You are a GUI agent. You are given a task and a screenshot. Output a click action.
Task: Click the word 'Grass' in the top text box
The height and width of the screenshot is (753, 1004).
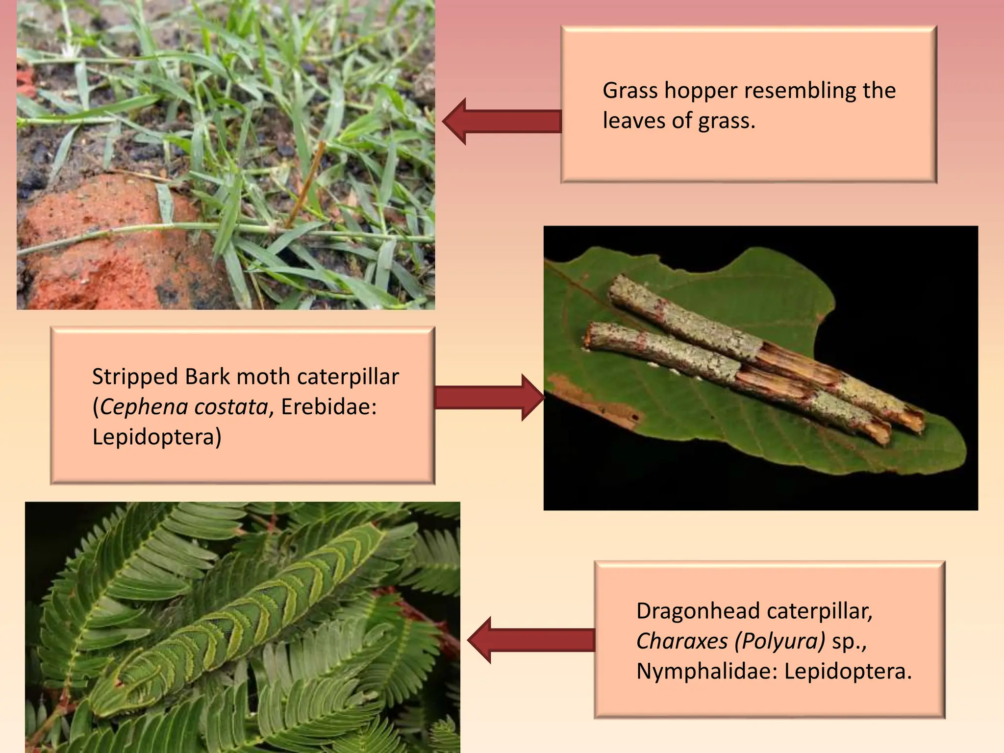[x=630, y=91]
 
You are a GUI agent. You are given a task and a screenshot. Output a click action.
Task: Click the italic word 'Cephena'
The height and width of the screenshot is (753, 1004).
[x=142, y=407]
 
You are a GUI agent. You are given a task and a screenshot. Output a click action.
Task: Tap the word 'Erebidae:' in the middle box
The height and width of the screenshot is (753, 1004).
[x=329, y=407]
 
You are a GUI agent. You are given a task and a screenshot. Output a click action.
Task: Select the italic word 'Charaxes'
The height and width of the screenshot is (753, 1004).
[x=681, y=641]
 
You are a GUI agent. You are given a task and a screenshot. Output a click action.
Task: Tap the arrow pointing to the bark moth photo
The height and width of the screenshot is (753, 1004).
[x=488, y=397]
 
